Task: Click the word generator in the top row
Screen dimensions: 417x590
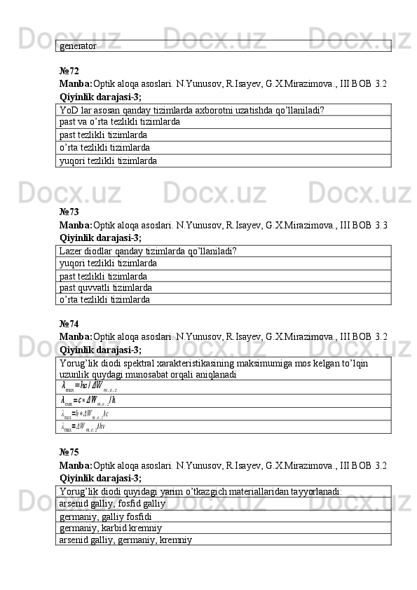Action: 78,46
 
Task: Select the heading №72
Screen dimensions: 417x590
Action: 69,71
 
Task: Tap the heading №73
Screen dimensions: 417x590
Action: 69,211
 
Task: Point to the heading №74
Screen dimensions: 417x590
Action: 69,324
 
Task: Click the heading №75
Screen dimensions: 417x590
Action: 69,452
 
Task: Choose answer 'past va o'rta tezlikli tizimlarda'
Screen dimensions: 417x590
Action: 120,122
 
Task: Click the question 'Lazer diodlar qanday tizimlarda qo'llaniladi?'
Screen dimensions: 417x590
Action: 148,251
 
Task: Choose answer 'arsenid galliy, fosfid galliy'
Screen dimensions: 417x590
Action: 112,504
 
